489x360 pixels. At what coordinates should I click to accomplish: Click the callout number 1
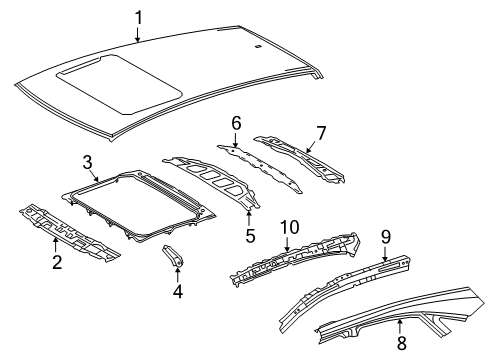coord(138,16)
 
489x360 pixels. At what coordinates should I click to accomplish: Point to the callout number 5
coord(250,236)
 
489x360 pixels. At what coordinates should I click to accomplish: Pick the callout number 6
coord(236,122)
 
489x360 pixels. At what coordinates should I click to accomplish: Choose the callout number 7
coord(320,133)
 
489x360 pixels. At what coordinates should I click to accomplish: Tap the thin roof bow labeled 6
coord(262,165)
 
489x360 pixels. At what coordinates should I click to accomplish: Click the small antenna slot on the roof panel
coord(259,47)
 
